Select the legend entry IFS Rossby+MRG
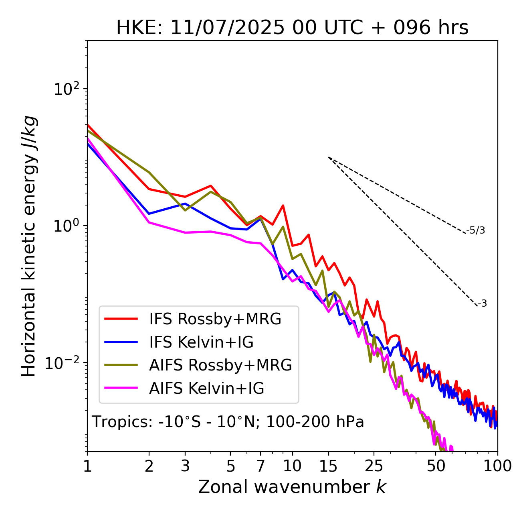[x=215, y=319]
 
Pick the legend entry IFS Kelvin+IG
[x=201, y=342]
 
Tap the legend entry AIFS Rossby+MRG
[x=220, y=365]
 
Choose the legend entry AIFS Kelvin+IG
[x=206, y=389]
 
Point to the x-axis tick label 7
[x=261, y=466]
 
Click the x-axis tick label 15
[x=328, y=466]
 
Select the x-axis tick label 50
[x=436, y=466]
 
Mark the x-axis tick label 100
[x=497, y=466]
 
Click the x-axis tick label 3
[x=185, y=466]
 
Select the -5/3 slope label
[x=476, y=231]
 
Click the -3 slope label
[x=483, y=304]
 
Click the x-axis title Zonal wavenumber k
[x=292, y=487]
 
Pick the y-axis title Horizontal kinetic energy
[x=29, y=246]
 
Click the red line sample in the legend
[x=121, y=319]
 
